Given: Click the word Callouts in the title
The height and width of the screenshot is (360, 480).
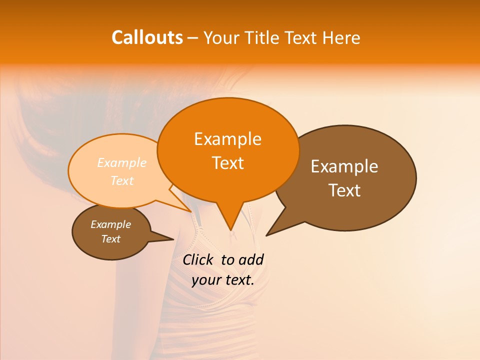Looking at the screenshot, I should point(147,37).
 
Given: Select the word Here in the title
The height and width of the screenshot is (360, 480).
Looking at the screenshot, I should point(342,37).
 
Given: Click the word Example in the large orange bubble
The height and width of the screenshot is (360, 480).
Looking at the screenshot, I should point(227,139).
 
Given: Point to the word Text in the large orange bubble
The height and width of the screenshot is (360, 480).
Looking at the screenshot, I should point(227,163).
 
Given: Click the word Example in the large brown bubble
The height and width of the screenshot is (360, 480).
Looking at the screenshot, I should point(344,166).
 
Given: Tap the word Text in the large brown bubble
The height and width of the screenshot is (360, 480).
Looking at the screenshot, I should point(344,190).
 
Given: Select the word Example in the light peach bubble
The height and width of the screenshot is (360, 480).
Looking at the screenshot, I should point(122,163).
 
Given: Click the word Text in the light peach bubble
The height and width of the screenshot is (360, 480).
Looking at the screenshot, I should point(122,181).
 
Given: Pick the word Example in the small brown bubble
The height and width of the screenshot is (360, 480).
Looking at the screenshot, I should point(110,224).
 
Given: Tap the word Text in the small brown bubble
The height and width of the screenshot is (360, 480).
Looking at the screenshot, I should point(110,239).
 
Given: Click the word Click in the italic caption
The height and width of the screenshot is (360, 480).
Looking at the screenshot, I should point(197,259).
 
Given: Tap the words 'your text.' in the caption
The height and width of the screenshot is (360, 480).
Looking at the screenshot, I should point(223,280).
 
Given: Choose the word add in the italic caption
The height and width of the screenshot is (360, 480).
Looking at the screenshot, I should point(251,259).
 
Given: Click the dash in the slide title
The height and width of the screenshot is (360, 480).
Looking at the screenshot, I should point(193,37).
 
